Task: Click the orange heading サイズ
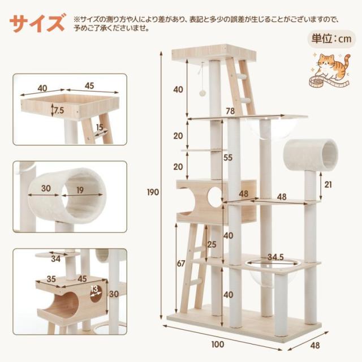[37, 23]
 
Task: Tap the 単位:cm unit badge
[331, 39]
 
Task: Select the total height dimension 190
[153, 192]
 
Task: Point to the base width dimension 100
[217, 344]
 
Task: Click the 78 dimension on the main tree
[230, 111]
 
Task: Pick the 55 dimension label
[227, 158]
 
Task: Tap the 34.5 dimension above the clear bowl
[275, 257]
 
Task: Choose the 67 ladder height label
[181, 264]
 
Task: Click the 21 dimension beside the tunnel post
[328, 184]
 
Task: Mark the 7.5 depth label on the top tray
[59, 111]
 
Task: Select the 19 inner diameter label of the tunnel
[80, 190]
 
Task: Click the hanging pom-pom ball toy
[202, 93]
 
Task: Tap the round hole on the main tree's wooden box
[215, 195]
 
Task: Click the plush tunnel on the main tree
[311, 155]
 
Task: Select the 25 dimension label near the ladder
[212, 244]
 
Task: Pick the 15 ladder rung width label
[100, 127]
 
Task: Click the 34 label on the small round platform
[55, 259]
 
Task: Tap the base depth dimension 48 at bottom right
[315, 346]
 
